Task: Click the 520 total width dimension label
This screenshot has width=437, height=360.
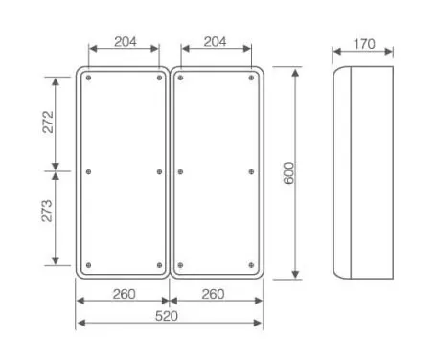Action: click(x=166, y=316)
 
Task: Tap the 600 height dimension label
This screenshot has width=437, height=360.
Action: click(x=288, y=173)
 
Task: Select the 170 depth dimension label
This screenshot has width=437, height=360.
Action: click(x=364, y=44)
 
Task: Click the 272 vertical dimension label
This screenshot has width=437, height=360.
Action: click(x=48, y=122)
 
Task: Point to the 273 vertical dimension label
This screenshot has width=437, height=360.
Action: click(x=47, y=211)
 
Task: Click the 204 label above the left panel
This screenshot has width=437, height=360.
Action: click(x=126, y=41)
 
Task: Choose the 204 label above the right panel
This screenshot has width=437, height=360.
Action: click(x=215, y=41)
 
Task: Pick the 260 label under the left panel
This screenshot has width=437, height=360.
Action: click(x=124, y=294)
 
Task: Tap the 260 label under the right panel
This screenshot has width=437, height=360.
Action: click(x=213, y=294)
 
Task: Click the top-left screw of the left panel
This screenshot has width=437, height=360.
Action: click(x=88, y=78)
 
